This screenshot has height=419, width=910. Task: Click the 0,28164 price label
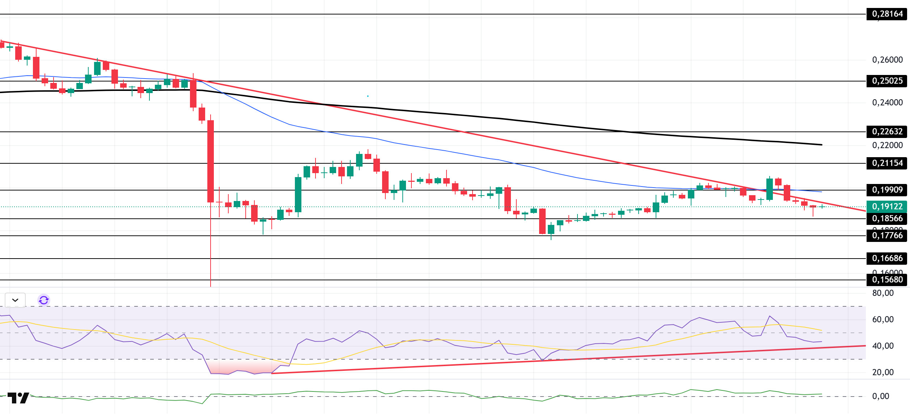click(887, 14)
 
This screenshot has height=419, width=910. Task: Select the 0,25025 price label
click(887, 81)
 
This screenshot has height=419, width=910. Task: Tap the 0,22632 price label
click(887, 131)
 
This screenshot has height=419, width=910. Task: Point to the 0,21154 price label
click(887, 163)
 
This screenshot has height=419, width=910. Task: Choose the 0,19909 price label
click(887, 190)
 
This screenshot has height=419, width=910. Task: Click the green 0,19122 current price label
click(887, 206)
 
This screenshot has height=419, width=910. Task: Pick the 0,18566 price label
click(887, 218)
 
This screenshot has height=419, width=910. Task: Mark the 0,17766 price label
click(887, 235)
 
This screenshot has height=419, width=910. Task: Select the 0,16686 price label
click(887, 258)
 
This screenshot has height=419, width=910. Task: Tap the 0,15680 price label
click(887, 280)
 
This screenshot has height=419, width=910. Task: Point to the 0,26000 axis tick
click(887, 60)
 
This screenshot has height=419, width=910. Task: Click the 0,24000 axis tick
click(887, 102)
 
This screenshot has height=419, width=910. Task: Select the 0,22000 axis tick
click(887, 145)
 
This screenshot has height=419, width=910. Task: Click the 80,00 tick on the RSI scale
click(883, 293)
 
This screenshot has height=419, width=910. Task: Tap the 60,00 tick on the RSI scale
click(883, 319)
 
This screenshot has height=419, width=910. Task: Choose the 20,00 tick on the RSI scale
click(883, 372)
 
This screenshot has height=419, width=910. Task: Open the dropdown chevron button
click(15, 300)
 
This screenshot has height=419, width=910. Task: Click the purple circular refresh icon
click(44, 300)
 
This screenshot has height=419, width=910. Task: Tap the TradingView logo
click(18, 398)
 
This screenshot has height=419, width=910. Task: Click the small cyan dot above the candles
click(368, 96)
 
